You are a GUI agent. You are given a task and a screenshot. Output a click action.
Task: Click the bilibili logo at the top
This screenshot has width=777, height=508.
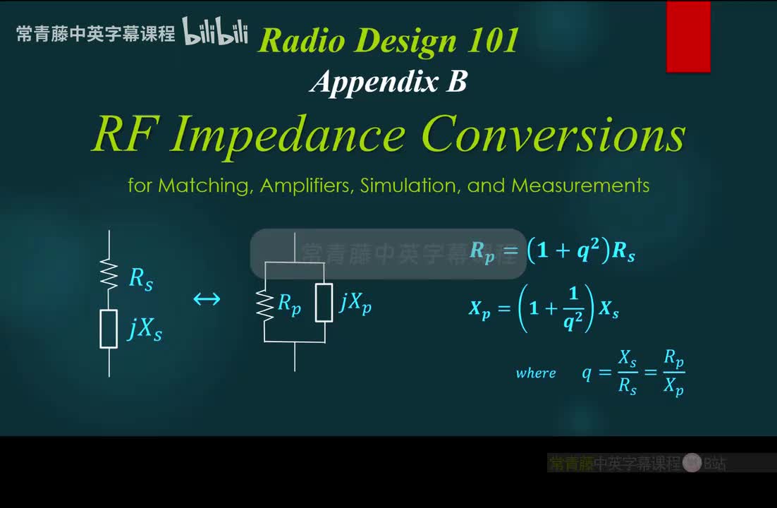[216, 32]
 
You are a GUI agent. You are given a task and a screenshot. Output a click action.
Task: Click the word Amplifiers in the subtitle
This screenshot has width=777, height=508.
[307, 186]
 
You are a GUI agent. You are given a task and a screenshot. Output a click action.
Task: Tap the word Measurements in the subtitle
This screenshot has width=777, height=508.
[580, 186]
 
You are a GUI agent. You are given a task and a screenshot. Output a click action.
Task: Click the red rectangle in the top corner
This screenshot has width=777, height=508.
[688, 37]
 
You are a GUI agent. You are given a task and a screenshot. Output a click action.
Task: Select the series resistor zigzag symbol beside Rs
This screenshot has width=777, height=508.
[109, 273]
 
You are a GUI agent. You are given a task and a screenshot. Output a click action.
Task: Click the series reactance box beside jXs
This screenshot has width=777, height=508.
[109, 329]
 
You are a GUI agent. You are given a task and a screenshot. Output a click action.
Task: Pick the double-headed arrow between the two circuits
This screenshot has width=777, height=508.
[207, 299]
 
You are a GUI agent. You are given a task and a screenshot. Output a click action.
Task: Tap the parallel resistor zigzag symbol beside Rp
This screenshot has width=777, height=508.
[265, 305]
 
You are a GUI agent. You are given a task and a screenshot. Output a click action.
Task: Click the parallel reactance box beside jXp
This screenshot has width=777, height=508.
[324, 302]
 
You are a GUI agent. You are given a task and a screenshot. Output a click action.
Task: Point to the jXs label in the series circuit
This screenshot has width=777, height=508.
[145, 329]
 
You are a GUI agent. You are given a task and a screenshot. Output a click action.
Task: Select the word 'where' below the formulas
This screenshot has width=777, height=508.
[536, 373]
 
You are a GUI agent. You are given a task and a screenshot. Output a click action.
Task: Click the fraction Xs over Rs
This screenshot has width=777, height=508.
[628, 373]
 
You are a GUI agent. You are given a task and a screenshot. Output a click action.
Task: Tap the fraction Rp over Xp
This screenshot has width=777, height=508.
[674, 373]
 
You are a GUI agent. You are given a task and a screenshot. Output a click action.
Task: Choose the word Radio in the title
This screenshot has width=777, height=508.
[296, 40]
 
